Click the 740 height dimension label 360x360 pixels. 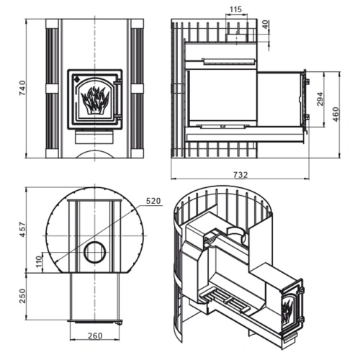[x=22, y=88]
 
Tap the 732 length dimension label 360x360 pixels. [x=240, y=175]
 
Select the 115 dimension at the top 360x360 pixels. [x=235, y=9]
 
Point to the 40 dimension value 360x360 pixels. [x=266, y=24]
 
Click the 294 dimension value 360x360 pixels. [x=320, y=99]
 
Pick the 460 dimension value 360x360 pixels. [x=336, y=114]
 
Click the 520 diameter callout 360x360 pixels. [x=153, y=201]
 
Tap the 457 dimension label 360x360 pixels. [x=22, y=230]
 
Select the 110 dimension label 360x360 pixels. [x=39, y=262]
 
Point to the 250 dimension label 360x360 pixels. [x=22, y=296]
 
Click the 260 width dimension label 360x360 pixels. [x=95, y=336]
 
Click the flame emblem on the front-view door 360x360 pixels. [x=95, y=100]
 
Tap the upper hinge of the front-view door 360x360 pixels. [x=118, y=82]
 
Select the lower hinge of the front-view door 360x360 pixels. [x=118, y=117]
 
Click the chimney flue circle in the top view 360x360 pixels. [x=95, y=252]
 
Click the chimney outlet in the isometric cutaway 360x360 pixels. [x=236, y=233]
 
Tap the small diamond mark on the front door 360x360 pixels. [x=76, y=78]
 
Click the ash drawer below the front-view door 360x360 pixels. [x=94, y=137]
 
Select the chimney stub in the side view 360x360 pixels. [x=236, y=37]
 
